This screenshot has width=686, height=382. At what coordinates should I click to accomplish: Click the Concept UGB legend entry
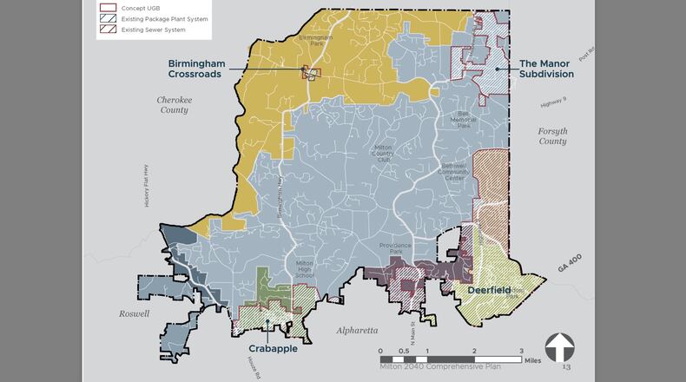[139, 8]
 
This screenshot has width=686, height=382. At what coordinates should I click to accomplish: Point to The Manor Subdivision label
[546, 69]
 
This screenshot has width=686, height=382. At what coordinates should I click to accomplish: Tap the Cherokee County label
[173, 105]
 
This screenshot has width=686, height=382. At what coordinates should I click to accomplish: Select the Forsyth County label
[552, 136]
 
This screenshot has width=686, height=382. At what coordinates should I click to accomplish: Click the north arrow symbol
[559, 348]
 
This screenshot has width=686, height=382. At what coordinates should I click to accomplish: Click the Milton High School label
[304, 268]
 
